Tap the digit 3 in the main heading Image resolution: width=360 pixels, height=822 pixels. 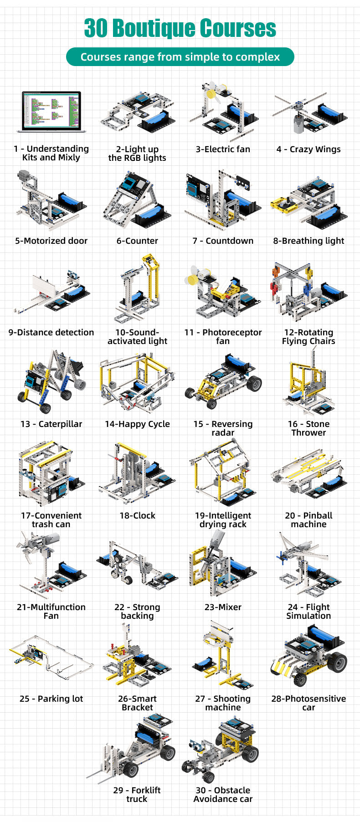89,28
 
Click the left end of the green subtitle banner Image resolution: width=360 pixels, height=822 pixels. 67,57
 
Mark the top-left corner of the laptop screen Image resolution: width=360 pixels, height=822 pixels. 23,92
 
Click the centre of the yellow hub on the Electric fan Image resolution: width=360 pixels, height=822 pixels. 210,94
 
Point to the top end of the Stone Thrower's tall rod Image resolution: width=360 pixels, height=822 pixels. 314,348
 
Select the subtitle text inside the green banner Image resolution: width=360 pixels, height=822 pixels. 180,57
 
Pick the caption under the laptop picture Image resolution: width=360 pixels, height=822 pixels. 51,153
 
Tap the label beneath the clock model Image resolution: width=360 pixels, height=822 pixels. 137,515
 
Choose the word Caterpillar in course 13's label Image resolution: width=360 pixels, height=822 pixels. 60,424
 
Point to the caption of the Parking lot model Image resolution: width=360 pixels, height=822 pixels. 51,699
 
